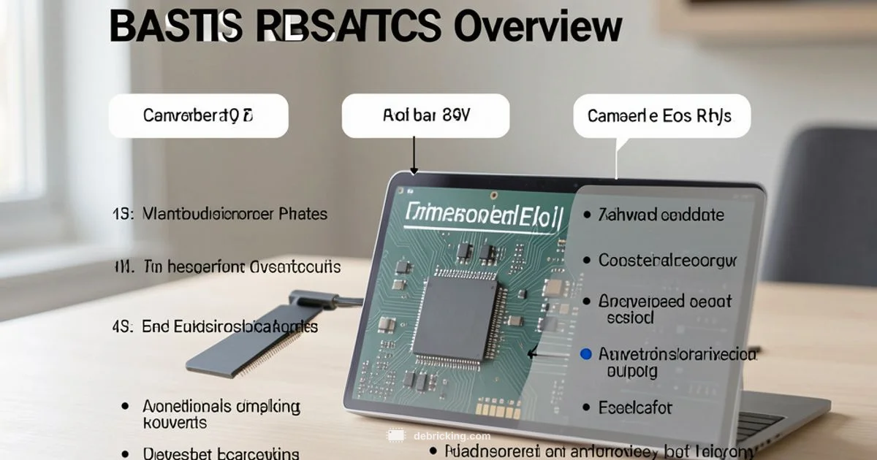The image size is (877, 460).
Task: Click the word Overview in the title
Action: (537, 27)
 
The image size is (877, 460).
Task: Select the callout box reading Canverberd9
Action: (198, 115)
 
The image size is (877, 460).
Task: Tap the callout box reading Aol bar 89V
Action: (425, 115)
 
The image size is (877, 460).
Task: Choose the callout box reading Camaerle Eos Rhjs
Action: (661, 115)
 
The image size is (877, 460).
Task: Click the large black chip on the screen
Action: (454, 318)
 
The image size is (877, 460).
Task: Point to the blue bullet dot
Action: (585, 354)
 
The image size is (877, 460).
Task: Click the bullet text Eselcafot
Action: (635, 407)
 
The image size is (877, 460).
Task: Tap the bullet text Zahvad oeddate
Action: (661, 215)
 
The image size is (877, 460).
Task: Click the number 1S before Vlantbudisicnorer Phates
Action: (122, 214)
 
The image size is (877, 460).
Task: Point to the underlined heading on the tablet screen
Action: (483, 215)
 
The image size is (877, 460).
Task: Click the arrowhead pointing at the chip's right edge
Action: (531, 354)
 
